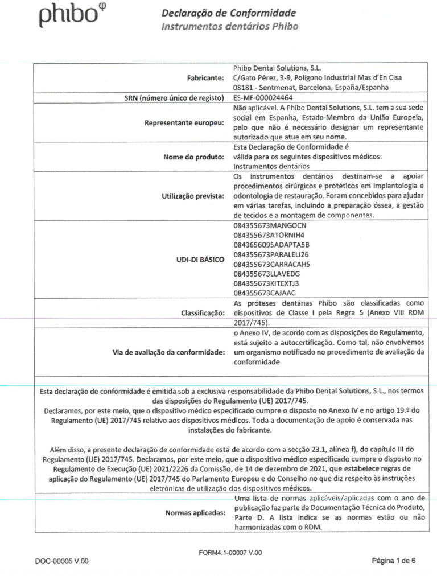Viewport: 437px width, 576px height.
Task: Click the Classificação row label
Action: (200, 312)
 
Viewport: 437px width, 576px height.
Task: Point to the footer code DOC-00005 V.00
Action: (62, 561)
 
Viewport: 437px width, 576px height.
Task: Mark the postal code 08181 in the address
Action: (244, 87)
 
